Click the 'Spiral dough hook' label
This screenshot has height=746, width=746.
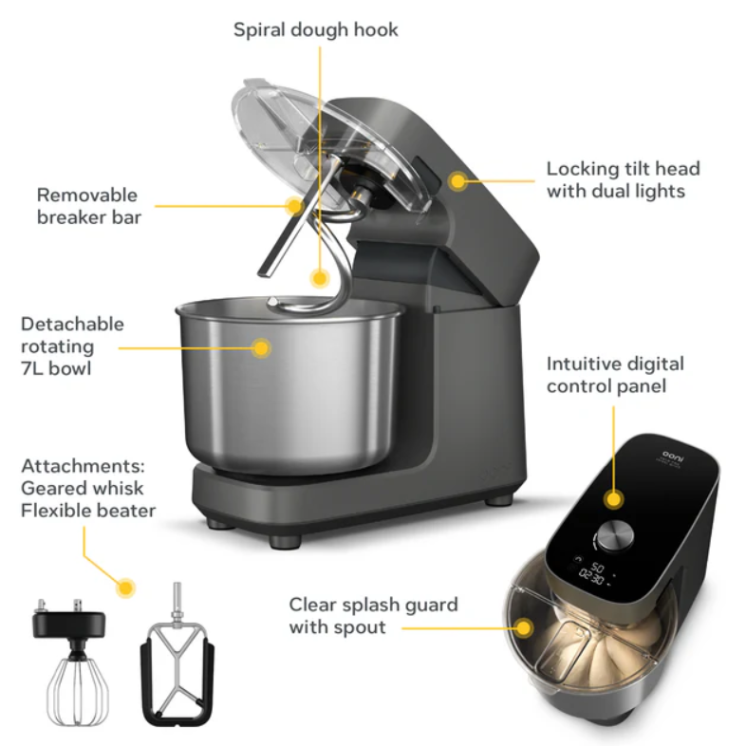click(315, 30)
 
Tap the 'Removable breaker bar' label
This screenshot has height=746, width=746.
click(89, 206)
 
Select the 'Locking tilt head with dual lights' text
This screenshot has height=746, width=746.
click(623, 179)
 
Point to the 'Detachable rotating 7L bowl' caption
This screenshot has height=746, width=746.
click(72, 345)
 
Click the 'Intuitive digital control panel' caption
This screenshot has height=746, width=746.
click(615, 375)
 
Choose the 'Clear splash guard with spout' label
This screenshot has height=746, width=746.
click(374, 616)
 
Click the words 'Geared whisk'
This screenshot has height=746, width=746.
click(82, 488)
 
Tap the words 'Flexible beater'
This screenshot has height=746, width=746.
click(88, 511)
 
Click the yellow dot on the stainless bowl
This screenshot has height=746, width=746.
click(261, 348)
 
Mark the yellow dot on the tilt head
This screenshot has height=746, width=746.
click(457, 181)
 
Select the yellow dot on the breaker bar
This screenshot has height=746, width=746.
click(294, 206)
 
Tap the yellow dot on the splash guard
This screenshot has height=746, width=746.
click(524, 628)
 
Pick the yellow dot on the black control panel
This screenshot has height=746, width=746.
click(614, 499)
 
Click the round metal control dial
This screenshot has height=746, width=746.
click(615, 535)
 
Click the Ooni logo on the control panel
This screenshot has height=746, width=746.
click(673, 457)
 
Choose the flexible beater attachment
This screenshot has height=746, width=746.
click(177, 657)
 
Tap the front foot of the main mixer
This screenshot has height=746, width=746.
click(285, 541)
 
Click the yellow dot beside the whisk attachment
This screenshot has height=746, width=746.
click(125, 588)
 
